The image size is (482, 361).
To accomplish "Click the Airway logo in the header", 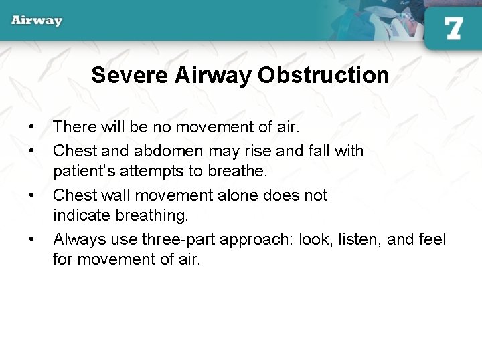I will pyautogui.click(x=37, y=20).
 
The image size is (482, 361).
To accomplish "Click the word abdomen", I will pyautogui.click(x=163, y=151).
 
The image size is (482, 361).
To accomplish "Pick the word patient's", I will pyautogui.click(x=84, y=171).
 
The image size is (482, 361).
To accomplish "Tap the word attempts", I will pyautogui.click(x=154, y=171).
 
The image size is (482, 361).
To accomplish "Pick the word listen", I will pyautogui.click(x=356, y=239).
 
